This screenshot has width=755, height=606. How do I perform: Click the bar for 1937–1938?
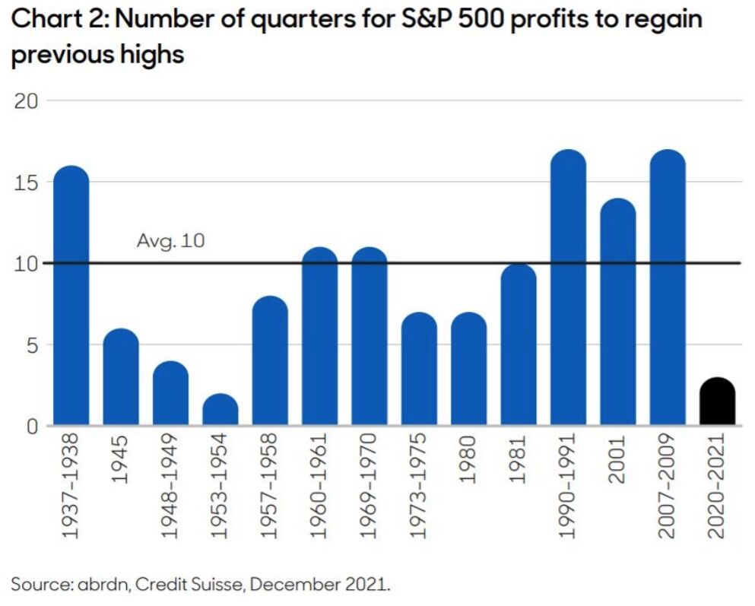point(71,297)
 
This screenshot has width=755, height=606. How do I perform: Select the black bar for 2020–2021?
point(717,402)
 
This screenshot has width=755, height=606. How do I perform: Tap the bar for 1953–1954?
point(220,411)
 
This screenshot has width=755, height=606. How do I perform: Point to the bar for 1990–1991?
point(568,289)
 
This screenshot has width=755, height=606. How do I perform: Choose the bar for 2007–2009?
point(668,289)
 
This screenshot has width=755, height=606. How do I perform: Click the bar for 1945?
point(121,378)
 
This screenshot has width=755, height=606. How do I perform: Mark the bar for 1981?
point(519,346)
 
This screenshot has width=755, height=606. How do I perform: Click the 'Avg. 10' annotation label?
point(171,241)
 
